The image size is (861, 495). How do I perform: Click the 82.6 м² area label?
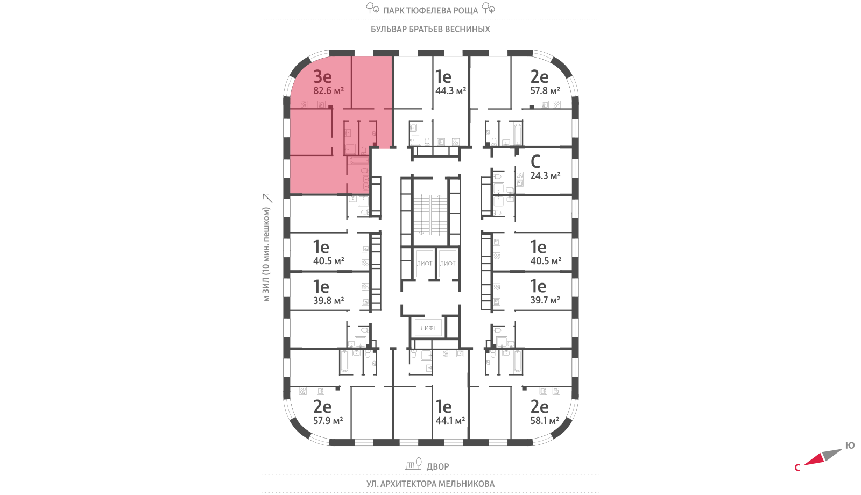click(x=328, y=91)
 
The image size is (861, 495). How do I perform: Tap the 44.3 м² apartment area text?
click(x=450, y=91)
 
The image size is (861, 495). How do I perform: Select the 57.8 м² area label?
click(x=545, y=91)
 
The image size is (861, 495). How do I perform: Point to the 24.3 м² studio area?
click(x=545, y=175)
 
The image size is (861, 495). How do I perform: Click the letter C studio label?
click(x=535, y=161)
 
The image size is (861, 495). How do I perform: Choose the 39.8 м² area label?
click(x=328, y=301)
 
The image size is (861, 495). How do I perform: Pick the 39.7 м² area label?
click(x=545, y=300)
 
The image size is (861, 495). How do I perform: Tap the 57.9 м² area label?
click(x=328, y=421)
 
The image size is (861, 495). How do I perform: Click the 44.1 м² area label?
click(x=450, y=421)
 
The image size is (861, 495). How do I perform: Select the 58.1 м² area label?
click(x=545, y=421)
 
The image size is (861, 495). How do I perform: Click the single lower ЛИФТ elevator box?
click(x=428, y=327)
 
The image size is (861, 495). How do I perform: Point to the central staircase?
click(x=430, y=215)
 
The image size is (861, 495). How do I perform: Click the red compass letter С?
click(x=797, y=468)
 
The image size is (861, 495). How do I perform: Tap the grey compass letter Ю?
click(x=850, y=445)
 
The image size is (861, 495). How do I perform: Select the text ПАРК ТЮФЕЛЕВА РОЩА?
click(x=430, y=10)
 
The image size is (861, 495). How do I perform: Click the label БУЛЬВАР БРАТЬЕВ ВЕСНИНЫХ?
click(x=430, y=29)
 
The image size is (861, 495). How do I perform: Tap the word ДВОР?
click(x=437, y=466)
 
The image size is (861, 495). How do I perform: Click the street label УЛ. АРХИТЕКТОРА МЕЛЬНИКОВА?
click(x=430, y=484)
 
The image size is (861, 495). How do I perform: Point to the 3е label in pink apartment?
click(x=322, y=76)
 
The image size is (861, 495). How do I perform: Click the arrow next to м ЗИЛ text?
click(x=267, y=198)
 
